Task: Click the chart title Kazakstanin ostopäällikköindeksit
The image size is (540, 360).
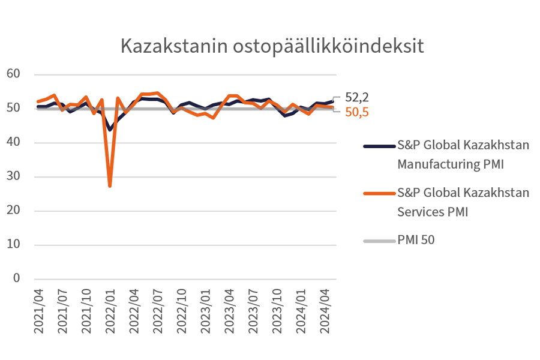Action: [272, 46]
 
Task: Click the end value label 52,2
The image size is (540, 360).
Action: [357, 97]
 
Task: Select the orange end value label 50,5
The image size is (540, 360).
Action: [357, 112]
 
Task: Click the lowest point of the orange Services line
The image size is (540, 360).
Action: [110, 186]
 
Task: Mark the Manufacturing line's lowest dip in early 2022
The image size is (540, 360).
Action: [110, 129]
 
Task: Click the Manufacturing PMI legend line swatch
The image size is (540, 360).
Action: [378, 146]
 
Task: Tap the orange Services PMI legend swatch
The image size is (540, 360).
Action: [378, 193]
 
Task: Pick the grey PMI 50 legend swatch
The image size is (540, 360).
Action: [378, 241]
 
